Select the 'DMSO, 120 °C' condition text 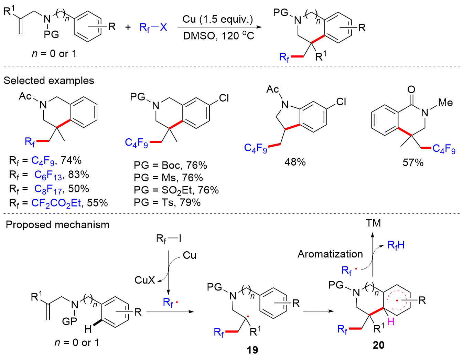(218, 35)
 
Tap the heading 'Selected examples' (49, 81)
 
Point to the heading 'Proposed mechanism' (57, 225)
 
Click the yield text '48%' (295, 162)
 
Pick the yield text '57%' (413, 162)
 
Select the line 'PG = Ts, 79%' (167, 202)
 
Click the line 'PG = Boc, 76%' (170, 166)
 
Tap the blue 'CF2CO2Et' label (56, 203)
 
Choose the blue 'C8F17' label (47, 189)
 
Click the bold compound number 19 (252, 350)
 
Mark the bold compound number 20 (378, 345)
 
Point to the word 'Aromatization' (330, 254)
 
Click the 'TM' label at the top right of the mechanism (373, 223)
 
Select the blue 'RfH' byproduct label (396, 245)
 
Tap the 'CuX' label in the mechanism (145, 280)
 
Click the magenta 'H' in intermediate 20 (391, 322)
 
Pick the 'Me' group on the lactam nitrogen (445, 103)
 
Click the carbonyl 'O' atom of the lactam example (411, 90)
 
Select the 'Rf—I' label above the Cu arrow (169, 239)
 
